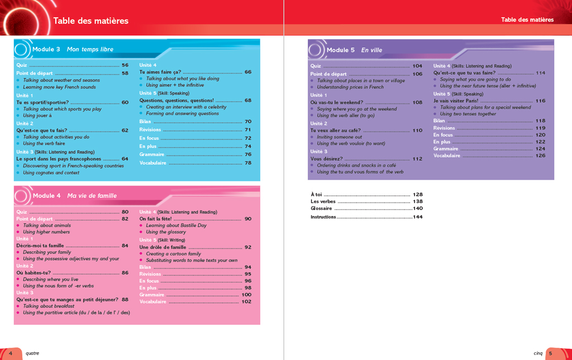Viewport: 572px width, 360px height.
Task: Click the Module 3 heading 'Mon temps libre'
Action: pyautogui.click(x=90, y=49)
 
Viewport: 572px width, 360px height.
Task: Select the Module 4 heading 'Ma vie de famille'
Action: pyautogui.click(x=92, y=196)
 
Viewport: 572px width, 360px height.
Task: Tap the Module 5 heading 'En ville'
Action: pyautogui.click(x=371, y=50)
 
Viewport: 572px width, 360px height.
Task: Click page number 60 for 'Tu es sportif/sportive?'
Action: pyautogui.click(x=125, y=102)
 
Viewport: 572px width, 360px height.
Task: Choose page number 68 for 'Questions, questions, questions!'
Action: pyautogui.click(x=248, y=100)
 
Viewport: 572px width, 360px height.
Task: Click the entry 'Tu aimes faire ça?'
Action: pyautogui.click(x=160, y=72)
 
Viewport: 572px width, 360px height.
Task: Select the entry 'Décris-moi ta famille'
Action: pyautogui.click(x=40, y=246)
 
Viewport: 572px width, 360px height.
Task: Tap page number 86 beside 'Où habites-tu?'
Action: pyautogui.click(x=125, y=273)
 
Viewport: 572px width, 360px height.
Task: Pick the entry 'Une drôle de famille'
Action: pyautogui.click(x=163, y=247)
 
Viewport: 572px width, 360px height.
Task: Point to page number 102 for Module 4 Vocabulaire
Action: pyautogui.click(x=246, y=302)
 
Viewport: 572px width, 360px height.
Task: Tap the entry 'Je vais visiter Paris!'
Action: pyautogui.click(x=455, y=101)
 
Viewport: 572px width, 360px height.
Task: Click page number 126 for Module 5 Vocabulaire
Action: pyautogui.click(x=540, y=156)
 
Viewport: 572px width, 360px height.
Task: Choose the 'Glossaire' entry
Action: pyautogui.click(x=321, y=208)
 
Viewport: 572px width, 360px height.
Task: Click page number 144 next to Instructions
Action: pyautogui.click(x=418, y=217)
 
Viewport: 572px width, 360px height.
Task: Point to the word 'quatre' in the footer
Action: pyautogui.click(x=32, y=353)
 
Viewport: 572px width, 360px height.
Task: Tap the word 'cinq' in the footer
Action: pyautogui.click(x=538, y=353)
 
